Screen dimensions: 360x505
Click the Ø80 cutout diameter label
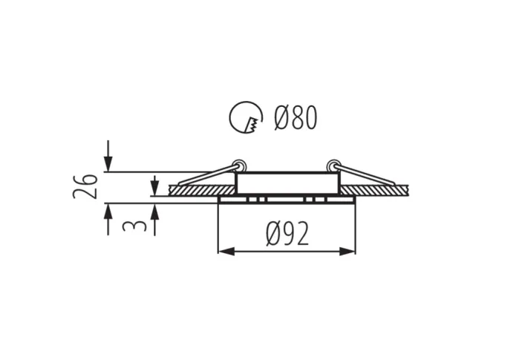[296, 117]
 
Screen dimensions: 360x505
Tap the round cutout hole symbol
[247, 117]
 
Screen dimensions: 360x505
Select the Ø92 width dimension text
[287, 235]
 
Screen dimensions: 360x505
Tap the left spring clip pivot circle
[238, 164]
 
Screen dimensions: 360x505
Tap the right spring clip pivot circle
[333, 164]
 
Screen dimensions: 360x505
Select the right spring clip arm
[366, 176]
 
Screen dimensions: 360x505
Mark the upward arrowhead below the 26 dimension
[108, 211]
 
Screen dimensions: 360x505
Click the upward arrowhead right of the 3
[154, 211]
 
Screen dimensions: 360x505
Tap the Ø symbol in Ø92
[273, 235]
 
